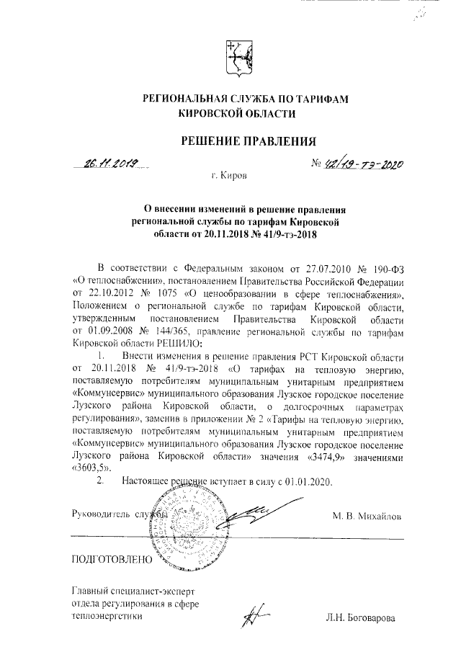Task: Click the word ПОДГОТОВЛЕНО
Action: [112, 559]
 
